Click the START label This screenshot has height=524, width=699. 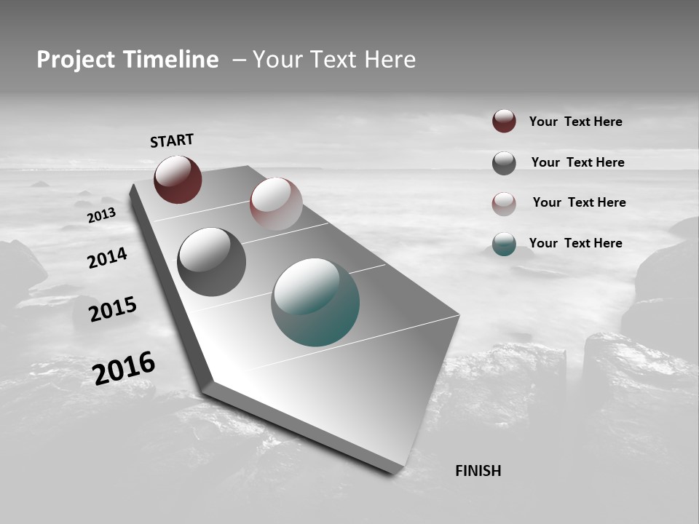coord(172,140)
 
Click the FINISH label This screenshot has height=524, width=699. coord(478,471)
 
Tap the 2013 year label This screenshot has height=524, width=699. coord(101,216)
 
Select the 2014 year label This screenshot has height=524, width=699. coord(107,258)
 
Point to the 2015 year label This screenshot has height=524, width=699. coord(113,309)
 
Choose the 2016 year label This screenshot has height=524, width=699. coord(124,368)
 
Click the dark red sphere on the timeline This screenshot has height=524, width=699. coord(178,180)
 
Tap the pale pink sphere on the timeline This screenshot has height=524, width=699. coord(276,204)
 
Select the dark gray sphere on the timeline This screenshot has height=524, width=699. coord(212,262)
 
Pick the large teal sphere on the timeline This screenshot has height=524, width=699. coord(315,302)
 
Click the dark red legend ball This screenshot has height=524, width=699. coord(504,121)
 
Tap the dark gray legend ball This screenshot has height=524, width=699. coord(504,163)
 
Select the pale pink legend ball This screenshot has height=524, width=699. coord(504,204)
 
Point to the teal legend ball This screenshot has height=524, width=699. coord(504,244)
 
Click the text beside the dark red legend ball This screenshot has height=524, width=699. coord(575,122)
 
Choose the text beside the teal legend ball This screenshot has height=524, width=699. coord(575,243)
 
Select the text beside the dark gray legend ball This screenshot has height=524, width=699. coord(577,162)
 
